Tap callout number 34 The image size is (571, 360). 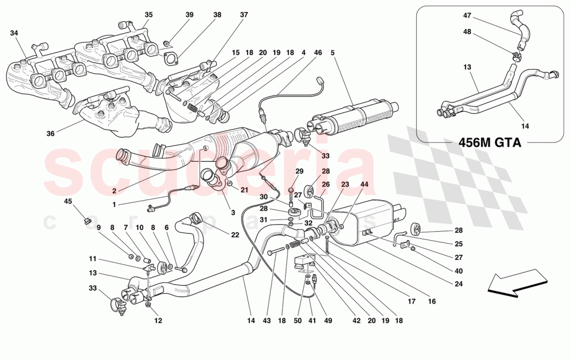14,33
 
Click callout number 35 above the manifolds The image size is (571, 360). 148,15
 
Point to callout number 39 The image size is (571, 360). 189,15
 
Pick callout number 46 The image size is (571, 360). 318,52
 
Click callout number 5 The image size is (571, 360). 332,52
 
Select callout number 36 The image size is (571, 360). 50,133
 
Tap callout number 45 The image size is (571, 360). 68,201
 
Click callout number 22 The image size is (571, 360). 235,235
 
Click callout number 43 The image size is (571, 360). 266,321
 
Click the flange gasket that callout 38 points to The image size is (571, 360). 170,58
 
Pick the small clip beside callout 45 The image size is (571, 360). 87,222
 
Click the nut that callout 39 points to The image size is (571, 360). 166,42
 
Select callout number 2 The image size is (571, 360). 114,191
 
